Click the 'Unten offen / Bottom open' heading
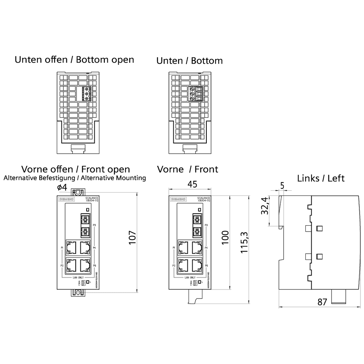point(74,60)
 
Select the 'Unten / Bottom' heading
point(189,60)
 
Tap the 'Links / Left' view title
point(321,178)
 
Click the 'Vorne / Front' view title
point(187,169)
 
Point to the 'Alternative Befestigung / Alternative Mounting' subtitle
point(75,178)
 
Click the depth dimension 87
point(322,302)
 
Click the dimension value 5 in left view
point(282,185)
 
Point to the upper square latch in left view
point(320,228)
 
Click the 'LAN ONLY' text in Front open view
point(78,277)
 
